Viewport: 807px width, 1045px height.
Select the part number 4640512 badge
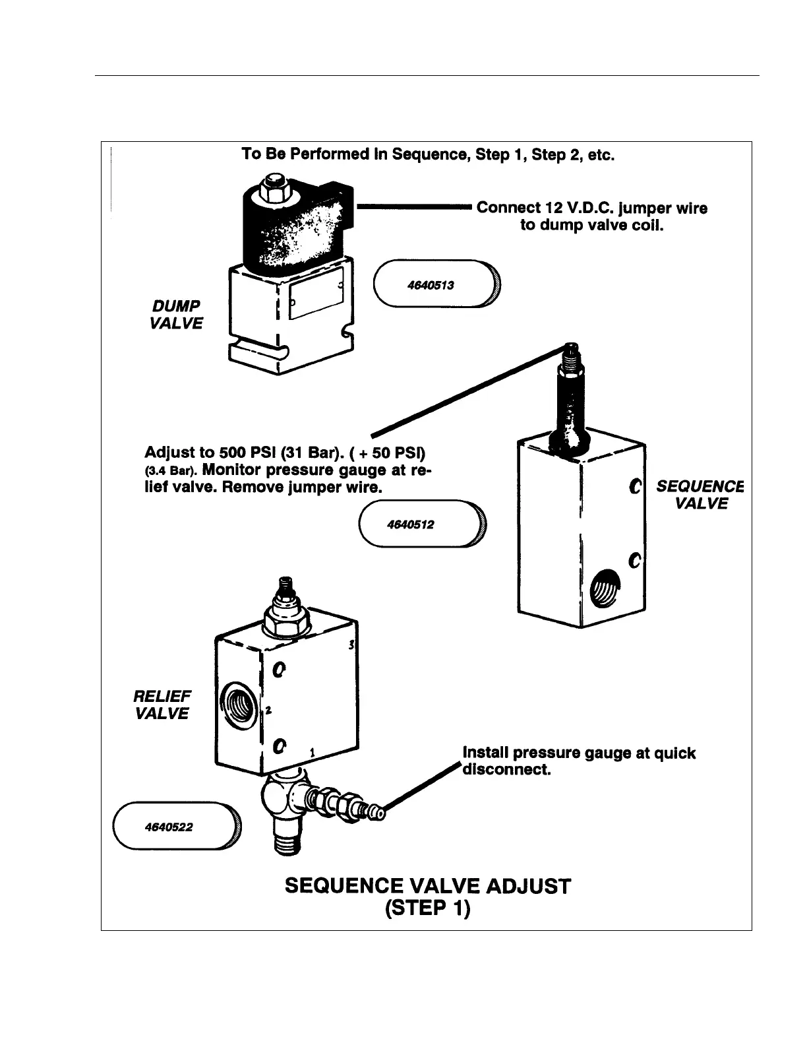point(420,524)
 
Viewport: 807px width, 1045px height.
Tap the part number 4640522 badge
point(176,827)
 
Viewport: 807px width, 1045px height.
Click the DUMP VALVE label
point(175,315)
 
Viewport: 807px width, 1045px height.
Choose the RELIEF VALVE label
point(162,705)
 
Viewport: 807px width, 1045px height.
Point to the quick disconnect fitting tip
point(376,813)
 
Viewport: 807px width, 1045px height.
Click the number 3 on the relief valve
point(352,645)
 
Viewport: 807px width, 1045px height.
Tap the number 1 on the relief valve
point(313,751)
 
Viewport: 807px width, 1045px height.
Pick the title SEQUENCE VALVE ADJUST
point(428,885)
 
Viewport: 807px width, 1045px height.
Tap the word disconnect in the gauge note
point(507,770)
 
